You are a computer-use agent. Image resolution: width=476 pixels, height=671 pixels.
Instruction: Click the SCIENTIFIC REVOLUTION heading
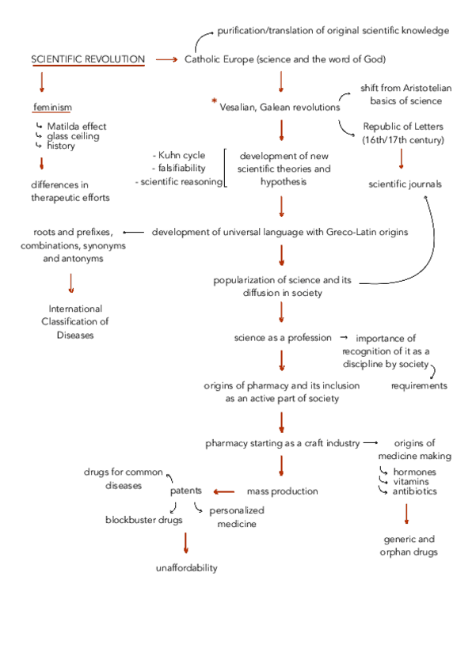(x=88, y=59)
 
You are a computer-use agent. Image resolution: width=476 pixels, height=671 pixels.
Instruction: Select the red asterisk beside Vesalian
(x=214, y=101)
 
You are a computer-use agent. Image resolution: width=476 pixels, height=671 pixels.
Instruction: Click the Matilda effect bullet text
(x=76, y=126)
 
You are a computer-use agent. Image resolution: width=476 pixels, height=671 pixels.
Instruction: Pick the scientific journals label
(x=405, y=184)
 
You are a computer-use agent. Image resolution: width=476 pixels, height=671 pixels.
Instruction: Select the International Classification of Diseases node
(x=75, y=322)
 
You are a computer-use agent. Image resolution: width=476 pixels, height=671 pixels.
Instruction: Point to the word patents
(x=186, y=491)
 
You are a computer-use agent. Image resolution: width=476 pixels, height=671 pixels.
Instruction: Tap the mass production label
(x=283, y=491)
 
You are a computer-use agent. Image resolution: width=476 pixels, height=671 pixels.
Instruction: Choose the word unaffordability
(x=186, y=568)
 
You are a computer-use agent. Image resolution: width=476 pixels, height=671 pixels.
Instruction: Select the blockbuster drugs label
(x=144, y=520)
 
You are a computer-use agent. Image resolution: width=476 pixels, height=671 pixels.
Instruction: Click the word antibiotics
(x=414, y=491)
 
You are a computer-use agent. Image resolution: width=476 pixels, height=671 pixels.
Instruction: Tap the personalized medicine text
(x=237, y=517)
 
